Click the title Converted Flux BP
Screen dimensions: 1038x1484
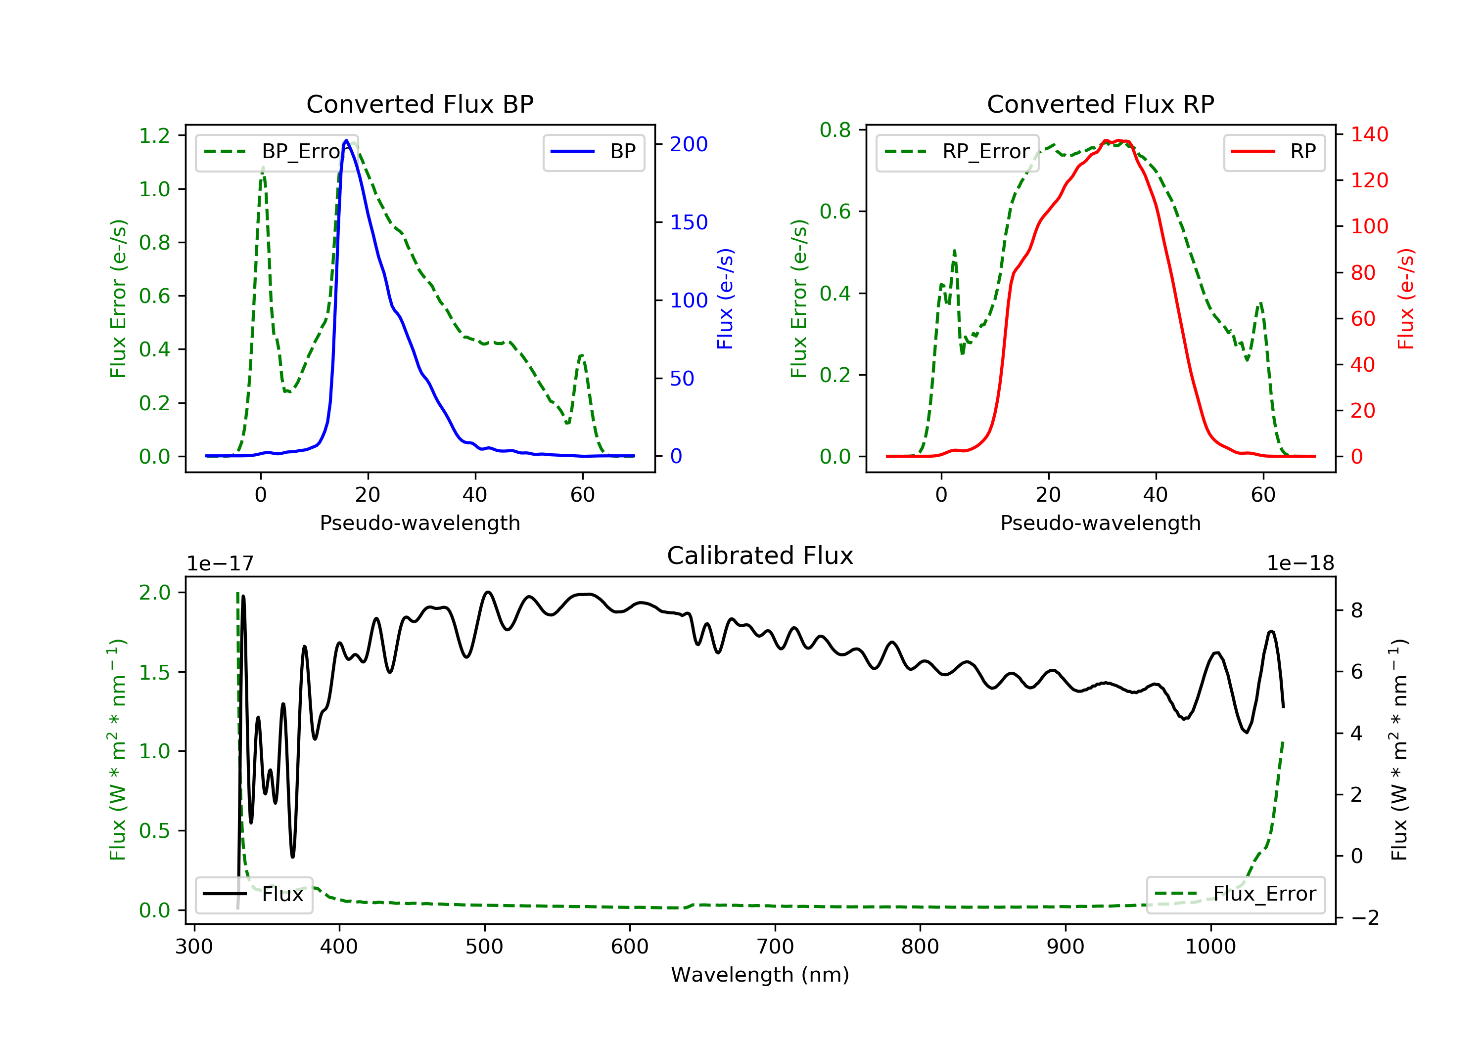point(419,104)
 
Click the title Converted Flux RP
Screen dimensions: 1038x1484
point(1100,104)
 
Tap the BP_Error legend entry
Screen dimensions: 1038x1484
point(277,152)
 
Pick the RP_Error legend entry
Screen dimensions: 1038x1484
point(957,152)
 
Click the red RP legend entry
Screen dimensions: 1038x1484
point(1274,152)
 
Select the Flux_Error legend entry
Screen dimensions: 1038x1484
point(1236,894)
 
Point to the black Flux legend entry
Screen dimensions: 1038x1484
point(254,894)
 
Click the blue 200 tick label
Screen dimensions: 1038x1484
point(689,144)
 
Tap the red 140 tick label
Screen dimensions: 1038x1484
point(1369,134)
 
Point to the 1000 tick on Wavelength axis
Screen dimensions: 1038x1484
point(1210,947)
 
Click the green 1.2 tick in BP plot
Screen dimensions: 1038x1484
point(154,135)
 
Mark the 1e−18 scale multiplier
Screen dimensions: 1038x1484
point(1300,563)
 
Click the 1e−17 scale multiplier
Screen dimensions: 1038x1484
point(221,563)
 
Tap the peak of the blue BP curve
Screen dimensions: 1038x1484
point(346,140)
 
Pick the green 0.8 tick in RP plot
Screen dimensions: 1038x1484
point(835,130)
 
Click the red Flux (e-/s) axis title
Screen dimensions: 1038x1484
point(1405,299)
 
